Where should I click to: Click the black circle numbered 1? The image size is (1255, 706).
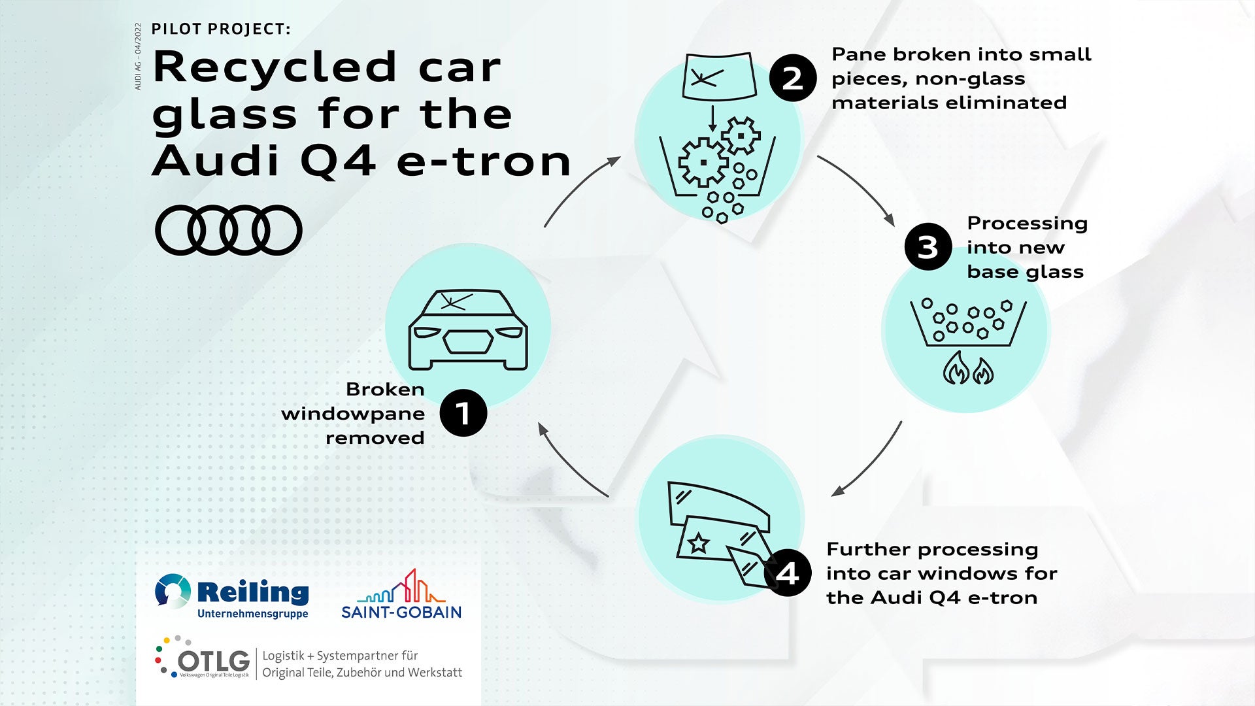click(x=463, y=413)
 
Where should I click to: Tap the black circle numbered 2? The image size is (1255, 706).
click(x=792, y=78)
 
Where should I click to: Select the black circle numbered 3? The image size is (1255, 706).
click(x=928, y=247)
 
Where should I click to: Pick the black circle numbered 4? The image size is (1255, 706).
click(x=787, y=573)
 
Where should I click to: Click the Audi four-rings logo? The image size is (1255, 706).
click(x=228, y=230)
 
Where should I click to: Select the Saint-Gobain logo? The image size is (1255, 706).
click(x=401, y=595)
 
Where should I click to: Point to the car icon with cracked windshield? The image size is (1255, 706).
click(x=468, y=329)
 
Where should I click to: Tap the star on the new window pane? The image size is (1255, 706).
click(x=699, y=542)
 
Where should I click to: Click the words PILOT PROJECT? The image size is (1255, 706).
click(x=221, y=29)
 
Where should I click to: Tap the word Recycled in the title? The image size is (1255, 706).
click(x=275, y=67)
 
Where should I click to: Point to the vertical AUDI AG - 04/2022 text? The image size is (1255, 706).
click(x=138, y=57)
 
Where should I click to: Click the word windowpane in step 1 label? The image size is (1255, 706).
click(x=353, y=414)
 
